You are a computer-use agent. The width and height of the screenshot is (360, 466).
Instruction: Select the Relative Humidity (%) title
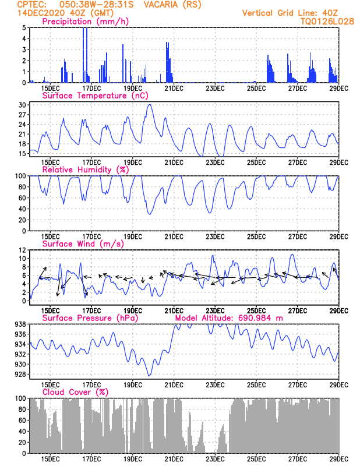click(85, 170)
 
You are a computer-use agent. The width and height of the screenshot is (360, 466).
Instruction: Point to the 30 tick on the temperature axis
click(23, 105)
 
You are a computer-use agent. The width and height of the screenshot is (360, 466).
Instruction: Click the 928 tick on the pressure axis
click(20, 375)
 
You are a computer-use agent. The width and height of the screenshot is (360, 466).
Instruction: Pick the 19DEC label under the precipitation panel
click(133, 89)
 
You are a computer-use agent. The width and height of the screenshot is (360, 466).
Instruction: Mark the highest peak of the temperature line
click(150, 104)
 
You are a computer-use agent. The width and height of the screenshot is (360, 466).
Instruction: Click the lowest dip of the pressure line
click(149, 375)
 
